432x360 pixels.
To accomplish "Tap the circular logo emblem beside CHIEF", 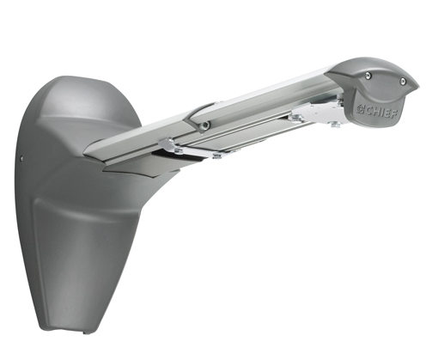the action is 360,109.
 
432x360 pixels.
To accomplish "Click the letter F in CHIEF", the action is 393,114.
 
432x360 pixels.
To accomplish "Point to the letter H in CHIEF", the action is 374,111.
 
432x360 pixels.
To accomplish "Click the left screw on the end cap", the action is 368,76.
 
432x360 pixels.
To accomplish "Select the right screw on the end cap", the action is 403,81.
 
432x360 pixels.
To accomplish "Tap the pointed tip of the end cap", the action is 419,85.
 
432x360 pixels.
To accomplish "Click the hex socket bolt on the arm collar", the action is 205,125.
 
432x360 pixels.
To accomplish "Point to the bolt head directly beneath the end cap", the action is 336,125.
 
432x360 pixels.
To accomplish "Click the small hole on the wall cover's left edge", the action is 21,157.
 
